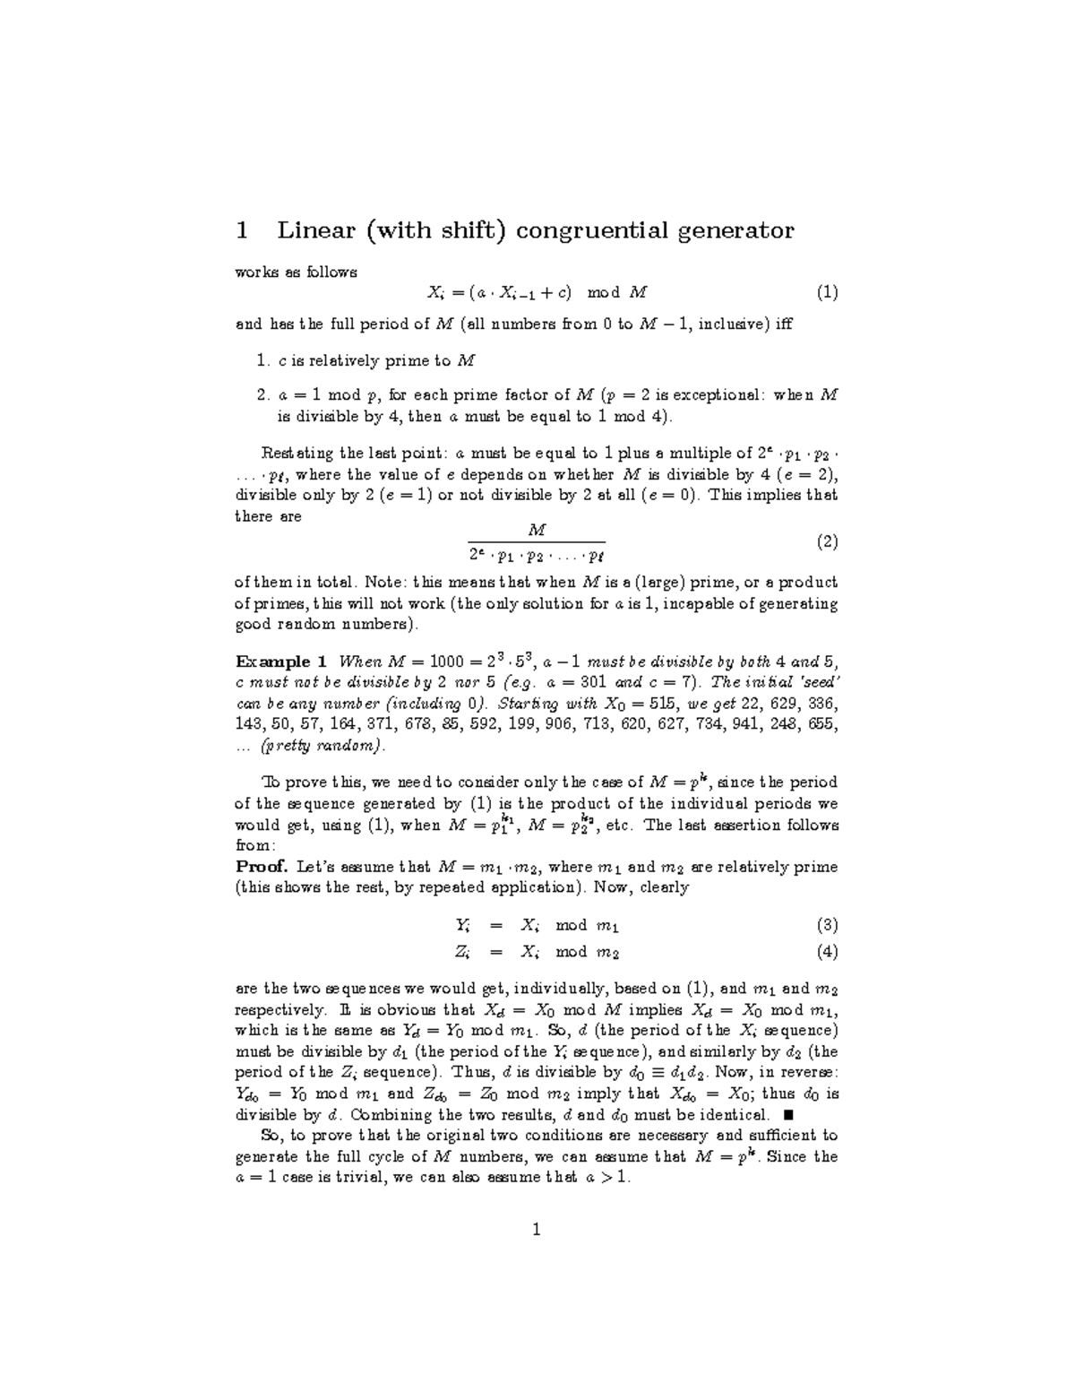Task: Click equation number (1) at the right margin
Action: tap(826, 292)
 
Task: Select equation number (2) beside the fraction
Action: tap(826, 542)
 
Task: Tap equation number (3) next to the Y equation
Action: tap(826, 925)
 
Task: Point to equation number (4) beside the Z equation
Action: tap(826, 952)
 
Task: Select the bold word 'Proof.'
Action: tap(261, 867)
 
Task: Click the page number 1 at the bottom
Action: tap(537, 1231)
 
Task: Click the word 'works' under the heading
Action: tap(253, 272)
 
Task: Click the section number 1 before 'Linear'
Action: tap(241, 231)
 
